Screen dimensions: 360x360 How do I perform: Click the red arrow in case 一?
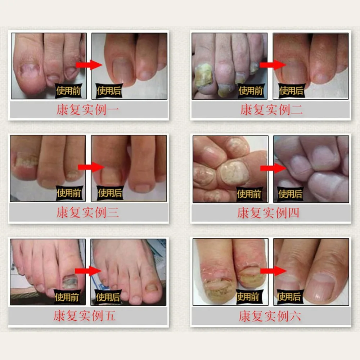click(x=89, y=65)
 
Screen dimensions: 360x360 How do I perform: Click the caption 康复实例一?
click(x=87, y=110)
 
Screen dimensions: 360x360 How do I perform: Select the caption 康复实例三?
click(x=87, y=212)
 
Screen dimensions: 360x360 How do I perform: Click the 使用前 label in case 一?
click(x=68, y=91)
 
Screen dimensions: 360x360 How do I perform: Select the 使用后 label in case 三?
click(x=111, y=193)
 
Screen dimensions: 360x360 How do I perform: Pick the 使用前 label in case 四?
click(x=248, y=194)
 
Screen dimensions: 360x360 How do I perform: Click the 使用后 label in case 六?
click(x=289, y=297)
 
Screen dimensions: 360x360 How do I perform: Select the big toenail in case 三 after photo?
click(x=111, y=176)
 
